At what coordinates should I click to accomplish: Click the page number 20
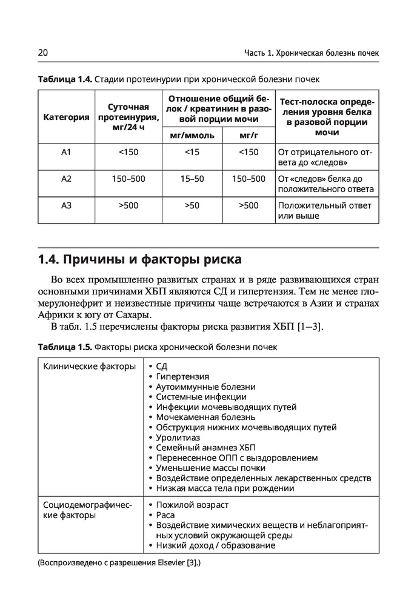[x=42, y=53]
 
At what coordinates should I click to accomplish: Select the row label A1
[x=67, y=152]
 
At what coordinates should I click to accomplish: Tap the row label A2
[x=67, y=179]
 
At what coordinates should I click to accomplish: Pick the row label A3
[x=67, y=205]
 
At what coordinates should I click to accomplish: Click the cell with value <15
[x=192, y=152]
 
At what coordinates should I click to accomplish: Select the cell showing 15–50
[x=192, y=179]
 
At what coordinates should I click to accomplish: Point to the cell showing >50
[x=192, y=205]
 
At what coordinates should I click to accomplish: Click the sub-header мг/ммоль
[x=192, y=135]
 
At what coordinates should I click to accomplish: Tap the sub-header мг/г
[x=249, y=135]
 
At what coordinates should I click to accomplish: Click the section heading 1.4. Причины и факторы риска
[x=139, y=261]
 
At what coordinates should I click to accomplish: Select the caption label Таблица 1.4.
[x=64, y=79]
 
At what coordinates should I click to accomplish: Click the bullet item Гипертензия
[x=182, y=376]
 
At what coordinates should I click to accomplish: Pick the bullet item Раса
[x=165, y=515]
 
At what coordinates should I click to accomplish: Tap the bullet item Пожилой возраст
[x=192, y=505]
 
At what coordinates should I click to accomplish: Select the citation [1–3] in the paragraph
[x=310, y=328]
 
